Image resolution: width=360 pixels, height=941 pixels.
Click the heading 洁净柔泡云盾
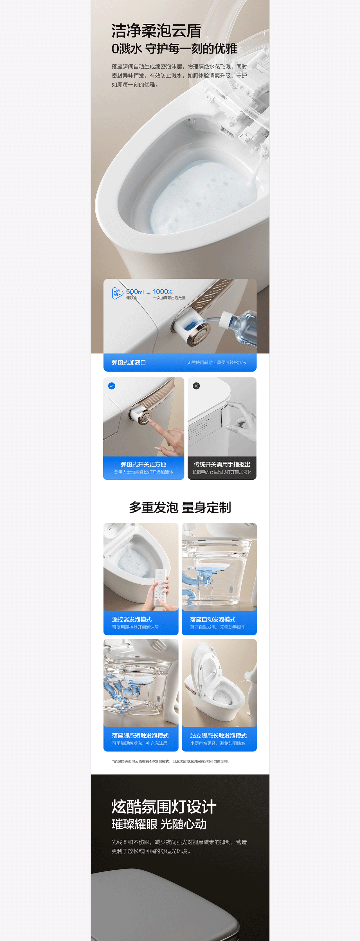pos(156,31)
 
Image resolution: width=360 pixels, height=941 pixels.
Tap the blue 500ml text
pos(135,292)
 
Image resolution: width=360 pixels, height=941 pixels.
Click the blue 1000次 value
pos(163,292)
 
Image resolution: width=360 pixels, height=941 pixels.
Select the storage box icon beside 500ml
pos(117,293)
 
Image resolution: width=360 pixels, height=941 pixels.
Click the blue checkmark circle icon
pos(112,386)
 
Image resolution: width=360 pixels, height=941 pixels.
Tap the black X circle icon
pos(196,386)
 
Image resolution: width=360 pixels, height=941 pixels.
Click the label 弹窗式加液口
pos(129,362)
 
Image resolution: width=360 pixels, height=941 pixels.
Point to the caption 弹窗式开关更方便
pos(143,464)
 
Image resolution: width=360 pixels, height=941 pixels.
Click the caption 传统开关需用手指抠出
pos(222,464)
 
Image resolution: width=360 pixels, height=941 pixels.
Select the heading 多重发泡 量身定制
pos(180,508)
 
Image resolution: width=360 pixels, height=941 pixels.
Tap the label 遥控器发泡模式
pos(132,619)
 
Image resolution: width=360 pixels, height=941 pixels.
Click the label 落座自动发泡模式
pos(213,619)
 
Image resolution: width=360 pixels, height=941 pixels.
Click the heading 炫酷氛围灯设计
pos(164,806)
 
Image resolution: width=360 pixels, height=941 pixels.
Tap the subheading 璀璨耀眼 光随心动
pos(159,824)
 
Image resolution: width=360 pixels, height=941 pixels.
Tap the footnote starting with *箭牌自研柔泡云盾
pos(171,761)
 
